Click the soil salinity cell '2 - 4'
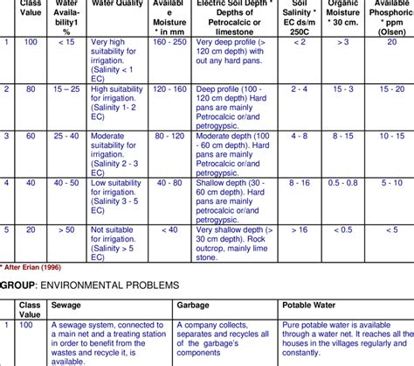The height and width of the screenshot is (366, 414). [300, 89]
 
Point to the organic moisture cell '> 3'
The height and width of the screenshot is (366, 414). [343, 42]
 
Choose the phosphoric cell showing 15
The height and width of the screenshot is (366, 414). [390, 89]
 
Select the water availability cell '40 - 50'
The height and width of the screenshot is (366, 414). [66, 184]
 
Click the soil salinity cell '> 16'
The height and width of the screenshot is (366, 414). [300, 230]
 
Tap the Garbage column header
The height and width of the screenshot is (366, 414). [194, 306]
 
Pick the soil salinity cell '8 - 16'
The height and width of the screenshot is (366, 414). [300, 184]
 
